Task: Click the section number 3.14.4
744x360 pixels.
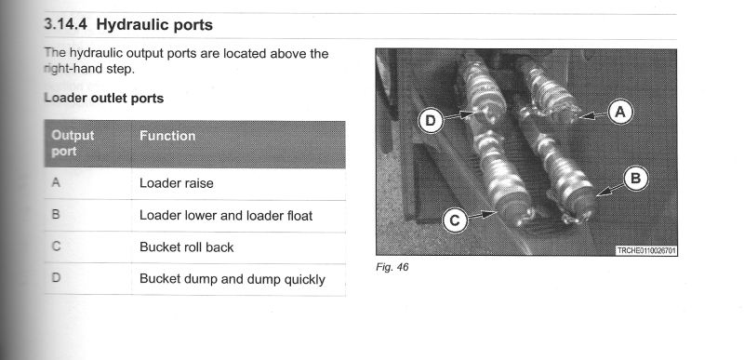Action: (x=65, y=25)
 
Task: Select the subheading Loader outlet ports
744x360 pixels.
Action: (x=104, y=99)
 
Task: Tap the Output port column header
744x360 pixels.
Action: (x=73, y=143)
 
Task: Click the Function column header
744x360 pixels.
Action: (x=167, y=136)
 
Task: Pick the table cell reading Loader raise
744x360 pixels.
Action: (x=177, y=183)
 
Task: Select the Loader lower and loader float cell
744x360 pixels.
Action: (x=226, y=216)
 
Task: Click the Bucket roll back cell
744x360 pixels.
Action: (x=187, y=247)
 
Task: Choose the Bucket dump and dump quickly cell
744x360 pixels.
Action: (x=232, y=279)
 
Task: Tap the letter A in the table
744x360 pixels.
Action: (x=56, y=182)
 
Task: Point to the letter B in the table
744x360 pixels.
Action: (x=56, y=214)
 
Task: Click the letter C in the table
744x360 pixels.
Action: (x=56, y=246)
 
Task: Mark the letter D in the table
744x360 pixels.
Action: (x=56, y=277)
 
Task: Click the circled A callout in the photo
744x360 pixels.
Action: (x=619, y=113)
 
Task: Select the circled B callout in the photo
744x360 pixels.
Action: (x=635, y=179)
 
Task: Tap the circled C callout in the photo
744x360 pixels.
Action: (x=455, y=221)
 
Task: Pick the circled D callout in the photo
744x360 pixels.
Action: (x=431, y=121)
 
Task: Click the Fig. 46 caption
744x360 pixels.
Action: (x=392, y=267)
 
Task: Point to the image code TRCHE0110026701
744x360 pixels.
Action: (x=645, y=250)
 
